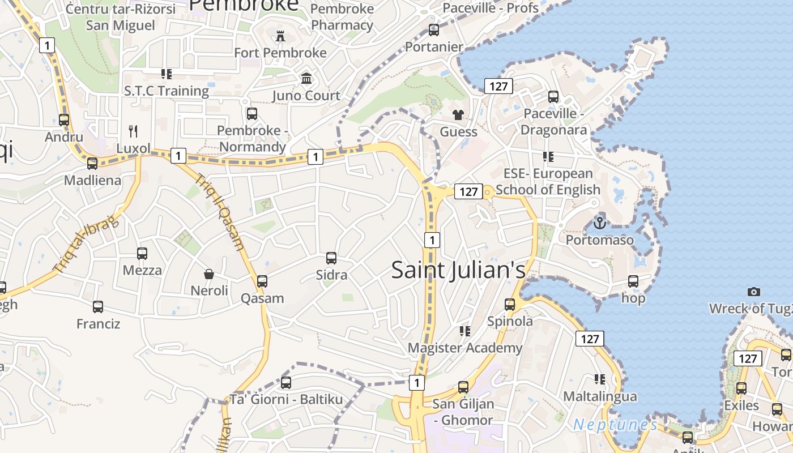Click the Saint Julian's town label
(458, 270)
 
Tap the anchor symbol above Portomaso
(600, 223)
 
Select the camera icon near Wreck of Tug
(753, 292)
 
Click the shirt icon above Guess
(458, 115)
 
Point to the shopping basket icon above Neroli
(209, 274)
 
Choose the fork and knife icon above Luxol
(133, 131)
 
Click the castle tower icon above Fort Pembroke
(280, 36)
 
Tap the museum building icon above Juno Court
(306, 78)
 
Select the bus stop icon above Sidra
(331, 258)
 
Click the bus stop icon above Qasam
(262, 281)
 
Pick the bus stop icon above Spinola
(510, 305)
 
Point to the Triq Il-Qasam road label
(220, 212)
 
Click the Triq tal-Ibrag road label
(87, 243)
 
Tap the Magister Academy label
(465, 348)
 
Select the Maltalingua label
(600, 396)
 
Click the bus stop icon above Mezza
(142, 253)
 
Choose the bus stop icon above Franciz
(98, 307)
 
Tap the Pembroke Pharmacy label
(342, 17)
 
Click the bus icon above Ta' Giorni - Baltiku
(286, 382)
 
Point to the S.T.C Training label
(167, 91)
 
